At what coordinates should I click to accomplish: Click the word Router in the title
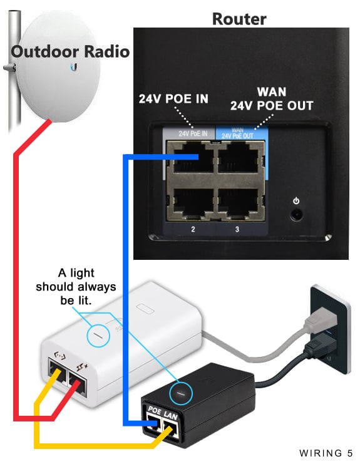pyautogui.click(x=239, y=19)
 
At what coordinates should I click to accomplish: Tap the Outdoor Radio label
pyautogui.click(x=70, y=51)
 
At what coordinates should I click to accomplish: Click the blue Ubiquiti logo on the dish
pyautogui.click(x=74, y=68)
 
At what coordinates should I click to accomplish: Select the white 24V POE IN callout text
pyautogui.click(x=173, y=99)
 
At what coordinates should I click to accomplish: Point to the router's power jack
pyautogui.click(x=296, y=214)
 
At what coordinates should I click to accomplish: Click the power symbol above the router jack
pyautogui.click(x=296, y=201)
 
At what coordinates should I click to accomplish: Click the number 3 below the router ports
pyautogui.click(x=237, y=229)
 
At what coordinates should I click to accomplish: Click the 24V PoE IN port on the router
pyautogui.click(x=191, y=157)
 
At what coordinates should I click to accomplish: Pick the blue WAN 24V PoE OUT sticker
pyautogui.click(x=242, y=133)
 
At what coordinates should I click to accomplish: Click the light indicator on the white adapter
pyautogui.click(x=98, y=336)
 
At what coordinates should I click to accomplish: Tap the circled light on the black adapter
pyautogui.click(x=181, y=393)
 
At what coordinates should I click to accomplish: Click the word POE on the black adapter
pyautogui.click(x=155, y=410)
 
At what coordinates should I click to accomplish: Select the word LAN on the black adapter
pyautogui.click(x=171, y=416)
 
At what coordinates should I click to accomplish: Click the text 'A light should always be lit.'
pyautogui.click(x=76, y=286)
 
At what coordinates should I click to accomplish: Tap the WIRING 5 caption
pyautogui.click(x=326, y=453)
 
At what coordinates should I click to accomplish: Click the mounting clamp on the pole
pyautogui.click(x=10, y=68)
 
